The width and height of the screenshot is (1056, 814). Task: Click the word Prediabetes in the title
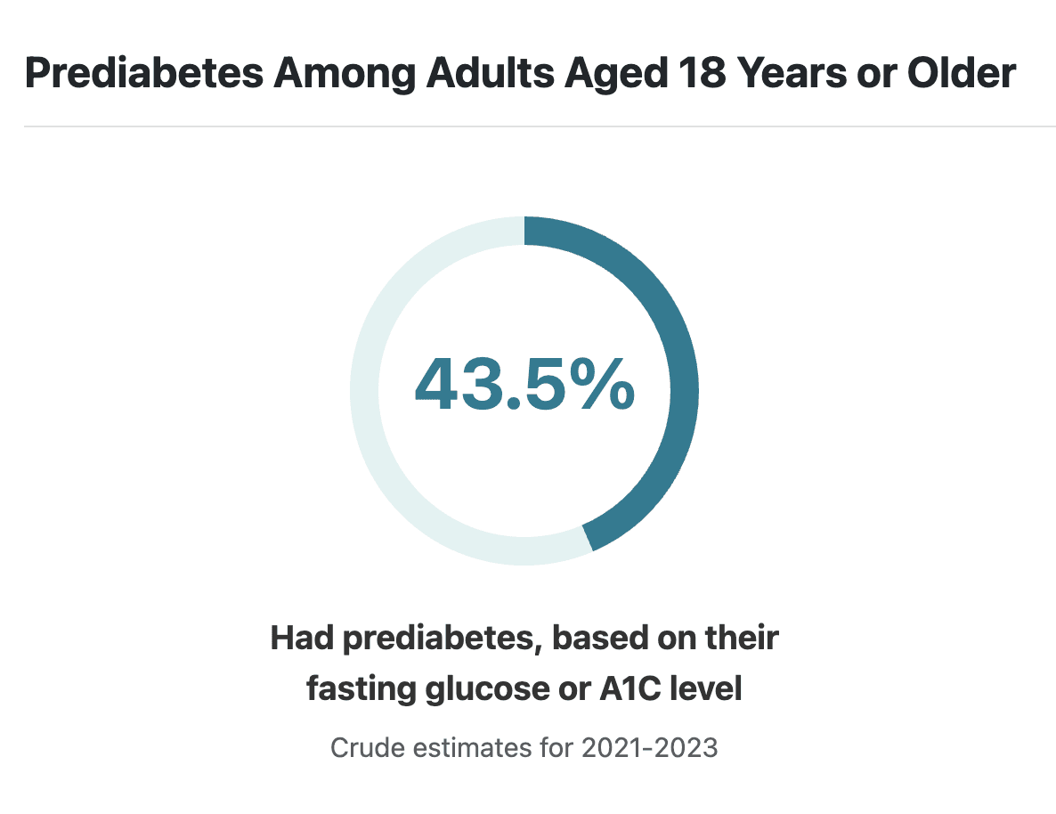(144, 73)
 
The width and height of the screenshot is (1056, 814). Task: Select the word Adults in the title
(491, 73)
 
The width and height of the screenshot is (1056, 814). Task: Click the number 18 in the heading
(703, 73)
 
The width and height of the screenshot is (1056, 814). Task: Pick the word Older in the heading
(961, 73)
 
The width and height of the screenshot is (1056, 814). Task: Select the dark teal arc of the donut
(684, 391)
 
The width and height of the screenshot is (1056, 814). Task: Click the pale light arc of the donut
(364, 391)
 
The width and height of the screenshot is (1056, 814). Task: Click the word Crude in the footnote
(367, 748)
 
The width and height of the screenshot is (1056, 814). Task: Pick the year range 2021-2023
(650, 748)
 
